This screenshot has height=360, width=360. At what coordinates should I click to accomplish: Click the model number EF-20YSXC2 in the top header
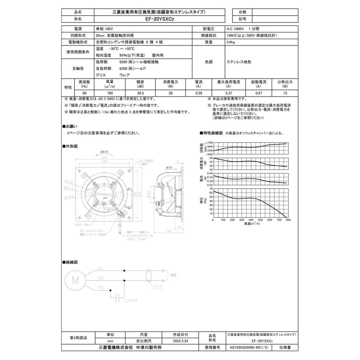pos(159,19)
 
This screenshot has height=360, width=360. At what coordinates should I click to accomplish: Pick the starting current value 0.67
pos(258,93)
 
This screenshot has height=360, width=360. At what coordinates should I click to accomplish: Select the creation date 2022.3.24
pos(180,341)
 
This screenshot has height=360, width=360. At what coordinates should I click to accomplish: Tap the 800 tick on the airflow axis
pos(288,220)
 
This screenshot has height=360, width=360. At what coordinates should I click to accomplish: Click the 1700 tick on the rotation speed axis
pos(209,143)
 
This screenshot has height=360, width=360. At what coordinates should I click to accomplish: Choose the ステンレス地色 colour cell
pos(239,62)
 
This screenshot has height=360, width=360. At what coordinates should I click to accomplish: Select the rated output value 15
pos(285,93)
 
